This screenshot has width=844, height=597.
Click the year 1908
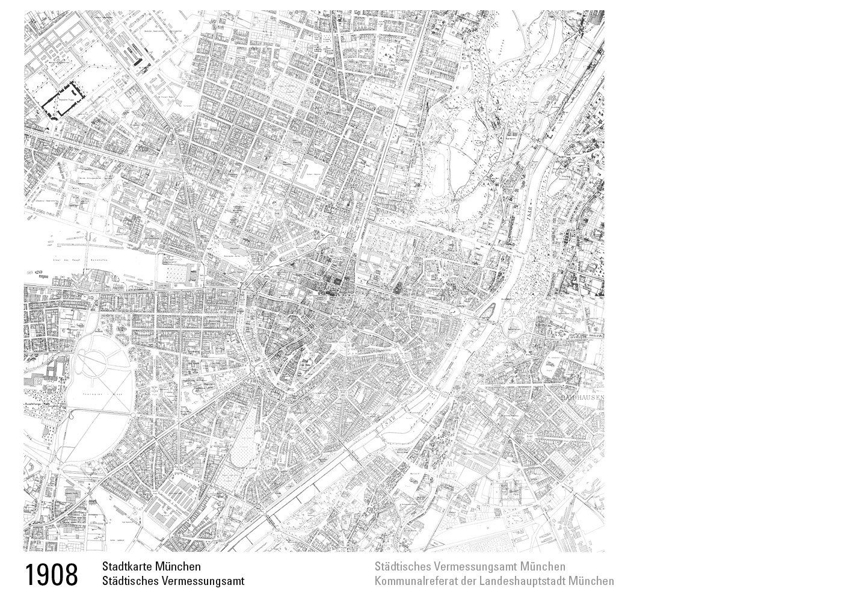click(x=52, y=574)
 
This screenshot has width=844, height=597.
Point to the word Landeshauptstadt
click(x=524, y=581)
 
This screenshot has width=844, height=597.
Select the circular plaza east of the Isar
click(x=513, y=329)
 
